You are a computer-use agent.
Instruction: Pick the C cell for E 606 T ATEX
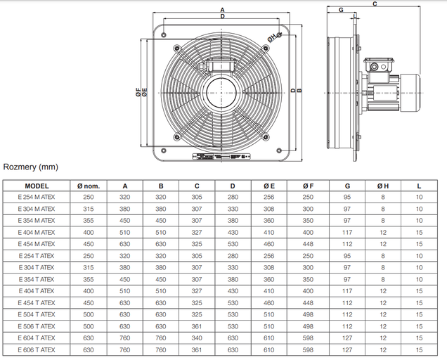coord(197,350)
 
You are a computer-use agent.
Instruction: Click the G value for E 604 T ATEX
coord(347,338)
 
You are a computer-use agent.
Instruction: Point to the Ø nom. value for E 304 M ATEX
coord(89,209)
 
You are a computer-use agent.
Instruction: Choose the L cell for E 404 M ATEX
coord(419,233)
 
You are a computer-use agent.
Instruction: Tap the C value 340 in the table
coord(197,338)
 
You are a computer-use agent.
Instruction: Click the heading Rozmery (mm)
coord(31,167)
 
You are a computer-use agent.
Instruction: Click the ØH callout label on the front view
coord(272,37)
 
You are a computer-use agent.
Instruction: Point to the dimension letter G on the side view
coord(340,10)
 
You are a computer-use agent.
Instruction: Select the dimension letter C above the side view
coord(375,4)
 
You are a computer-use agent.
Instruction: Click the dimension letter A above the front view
coord(222,9)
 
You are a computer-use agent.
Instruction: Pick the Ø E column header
coord(269,186)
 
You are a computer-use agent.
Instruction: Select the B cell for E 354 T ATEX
coord(161,280)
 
